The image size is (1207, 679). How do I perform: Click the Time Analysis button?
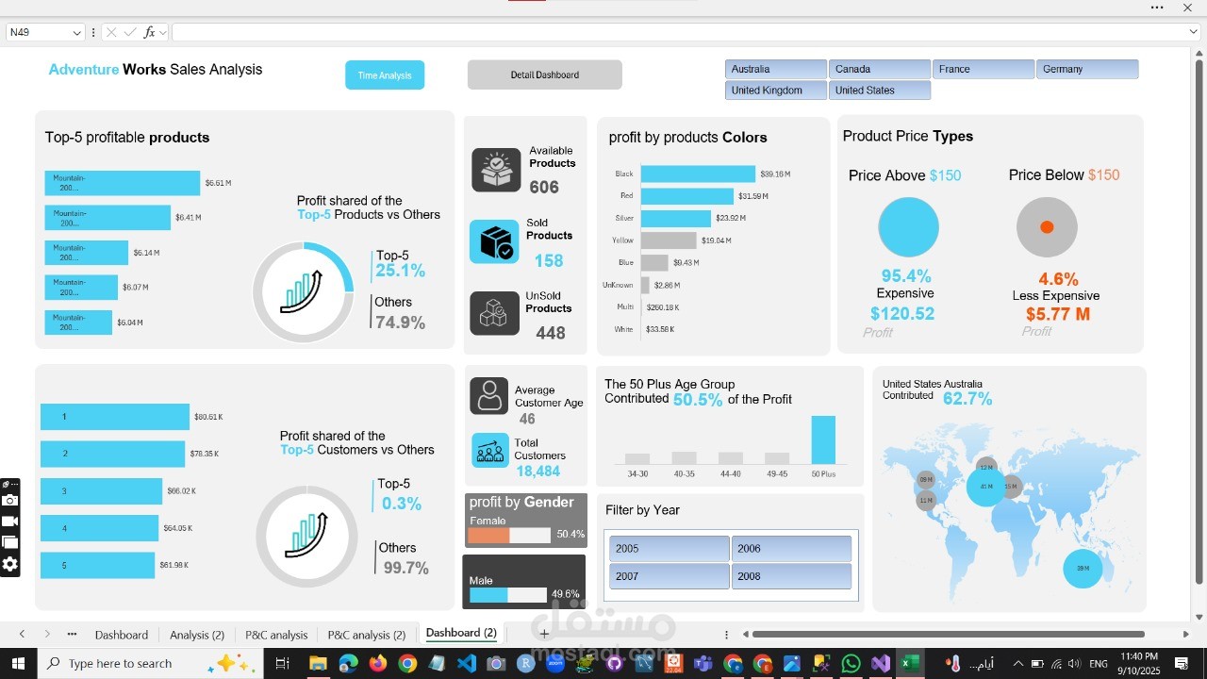pos(385,75)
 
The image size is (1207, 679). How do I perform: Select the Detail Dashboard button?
pos(544,75)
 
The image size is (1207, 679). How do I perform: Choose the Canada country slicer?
pos(879,69)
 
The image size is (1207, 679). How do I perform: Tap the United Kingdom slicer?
pos(775,91)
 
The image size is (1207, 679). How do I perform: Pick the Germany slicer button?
pos(1086,69)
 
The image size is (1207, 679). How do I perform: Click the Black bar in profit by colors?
pos(698,174)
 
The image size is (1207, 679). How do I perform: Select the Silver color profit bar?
pos(675,218)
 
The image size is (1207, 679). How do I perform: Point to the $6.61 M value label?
pos(218,183)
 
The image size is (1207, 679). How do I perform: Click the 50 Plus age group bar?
pos(823,439)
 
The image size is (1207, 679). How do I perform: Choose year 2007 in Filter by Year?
pos(669,576)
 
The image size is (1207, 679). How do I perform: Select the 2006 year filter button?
pos(791,549)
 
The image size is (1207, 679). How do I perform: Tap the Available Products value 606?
pos(544,188)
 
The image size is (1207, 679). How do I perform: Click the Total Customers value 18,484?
pos(537,472)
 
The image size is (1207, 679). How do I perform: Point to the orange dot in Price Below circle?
pos(1046,227)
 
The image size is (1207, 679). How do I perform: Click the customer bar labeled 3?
pos(101,491)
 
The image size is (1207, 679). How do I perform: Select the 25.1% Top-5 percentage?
pos(400,272)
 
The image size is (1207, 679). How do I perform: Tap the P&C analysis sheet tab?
pos(276,635)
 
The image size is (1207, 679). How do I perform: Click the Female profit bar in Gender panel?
pos(489,535)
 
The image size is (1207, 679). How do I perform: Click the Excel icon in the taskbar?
pos(909,664)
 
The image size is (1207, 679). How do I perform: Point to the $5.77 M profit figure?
pos(1057,314)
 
